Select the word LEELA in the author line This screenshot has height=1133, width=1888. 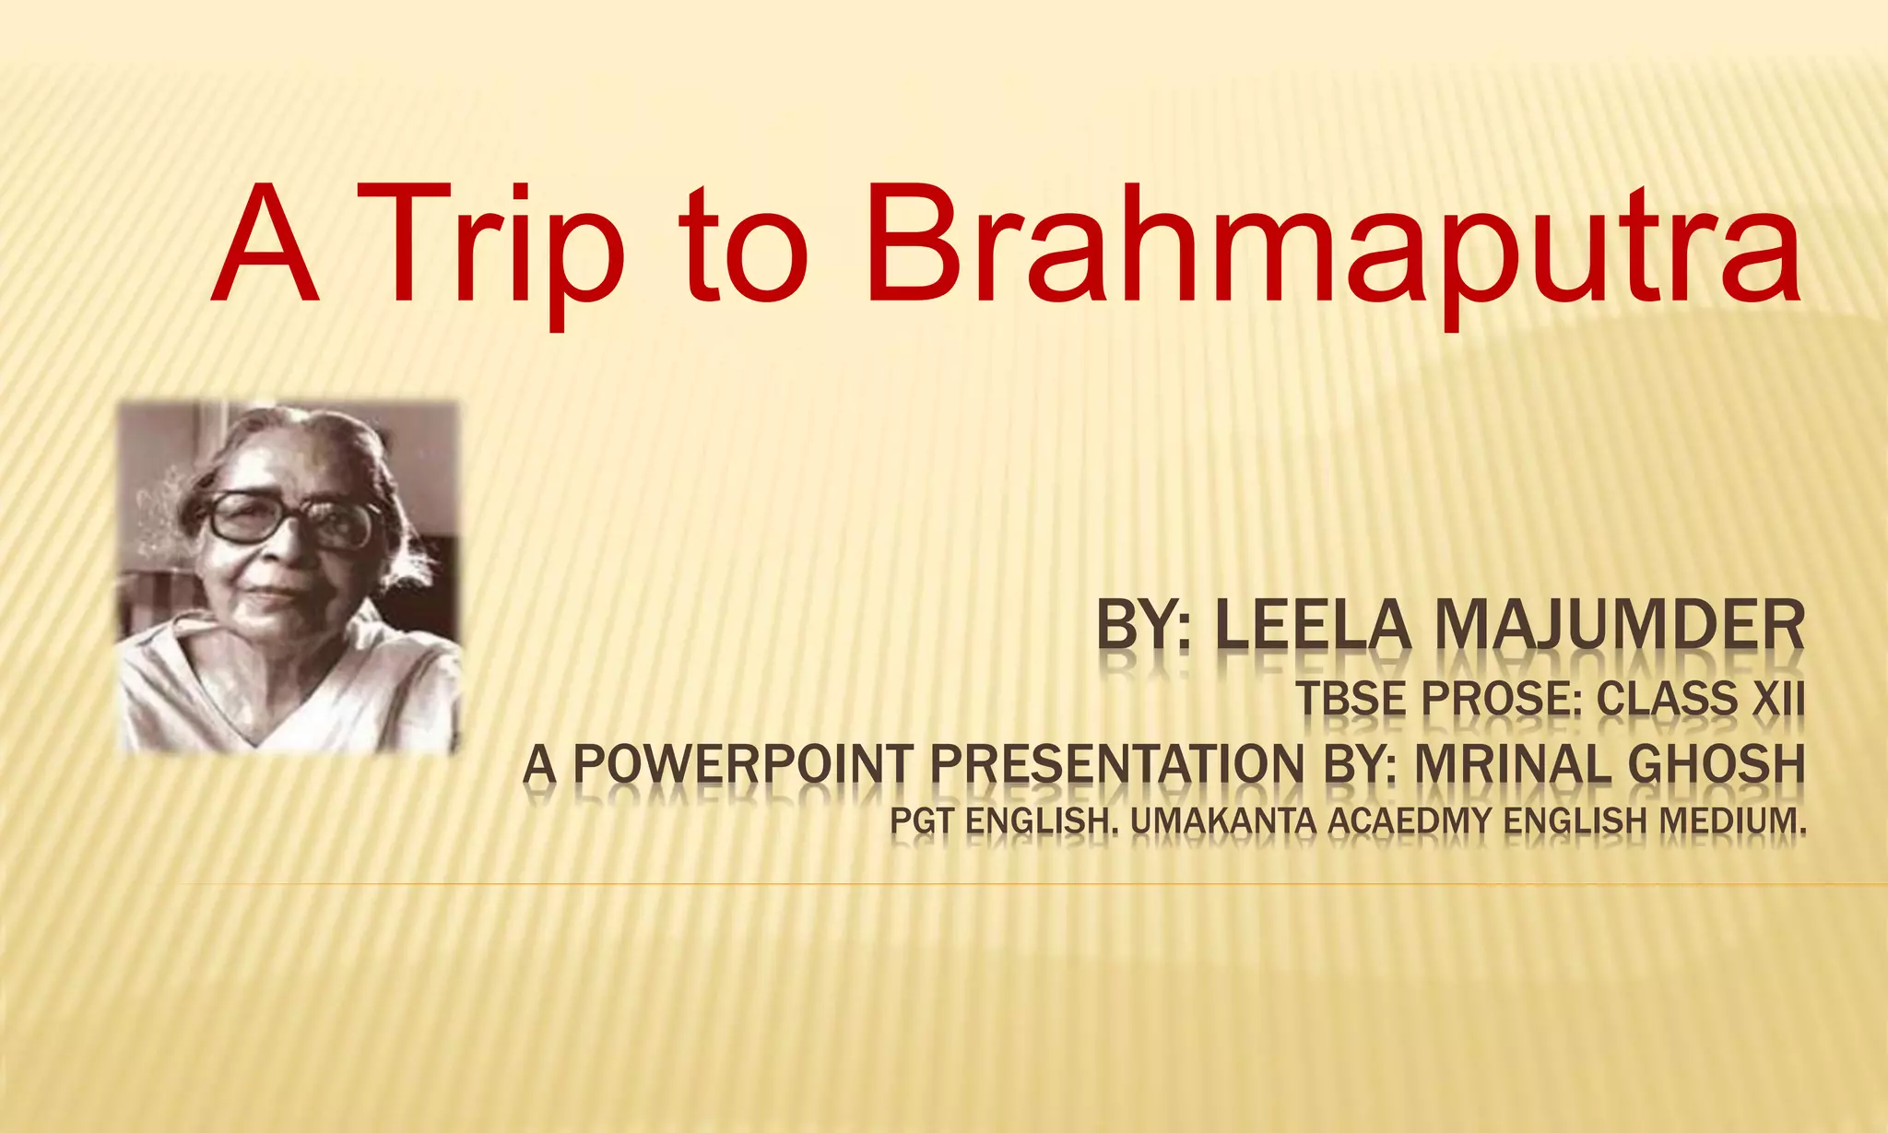pyautogui.click(x=1313, y=626)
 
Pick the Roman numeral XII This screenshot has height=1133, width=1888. pyautogui.click(x=1777, y=699)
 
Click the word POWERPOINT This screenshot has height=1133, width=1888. pyautogui.click(x=742, y=765)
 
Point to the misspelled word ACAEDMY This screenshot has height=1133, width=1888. pyautogui.click(x=1410, y=820)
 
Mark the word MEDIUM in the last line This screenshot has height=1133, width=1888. pyautogui.click(x=1732, y=820)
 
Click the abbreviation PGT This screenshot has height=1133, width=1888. pyautogui.click(x=921, y=820)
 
